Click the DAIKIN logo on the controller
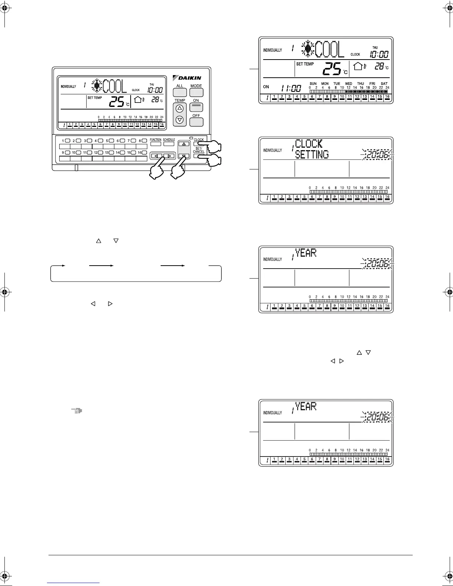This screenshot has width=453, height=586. point(187,78)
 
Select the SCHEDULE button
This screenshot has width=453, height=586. point(169,144)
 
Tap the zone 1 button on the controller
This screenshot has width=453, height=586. point(67,141)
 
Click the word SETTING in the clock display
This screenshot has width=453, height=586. point(312,154)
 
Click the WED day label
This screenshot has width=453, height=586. point(349,84)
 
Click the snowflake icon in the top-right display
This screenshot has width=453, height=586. point(308,49)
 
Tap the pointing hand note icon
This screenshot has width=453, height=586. point(77,411)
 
